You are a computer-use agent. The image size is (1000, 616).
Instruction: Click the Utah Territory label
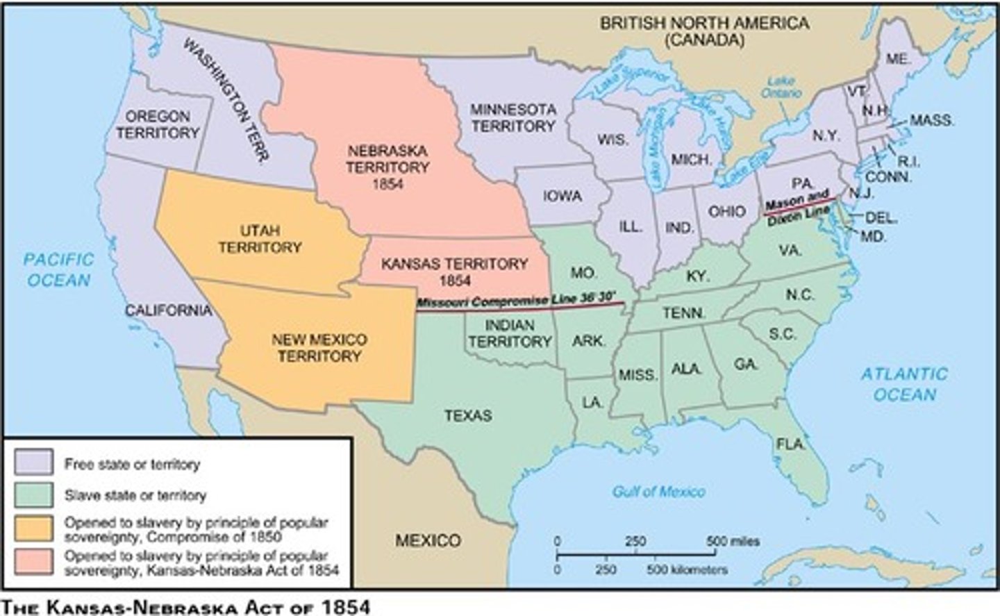[x=260, y=238]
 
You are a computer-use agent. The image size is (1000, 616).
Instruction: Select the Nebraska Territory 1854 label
[x=387, y=167]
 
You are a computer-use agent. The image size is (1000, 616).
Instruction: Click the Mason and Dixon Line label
[x=799, y=206]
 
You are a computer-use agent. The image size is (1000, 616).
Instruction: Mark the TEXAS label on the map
[x=468, y=415]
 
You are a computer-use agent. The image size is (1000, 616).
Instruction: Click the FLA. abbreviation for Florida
[x=791, y=444]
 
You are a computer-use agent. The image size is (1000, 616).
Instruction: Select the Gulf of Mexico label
[x=658, y=492]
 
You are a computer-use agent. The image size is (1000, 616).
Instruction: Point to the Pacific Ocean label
[x=58, y=270]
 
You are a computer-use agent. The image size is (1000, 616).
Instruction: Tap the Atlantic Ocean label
[x=904, y=384]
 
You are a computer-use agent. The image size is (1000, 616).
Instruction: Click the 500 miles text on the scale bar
[x=733, y=541]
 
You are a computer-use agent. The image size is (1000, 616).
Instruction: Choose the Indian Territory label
[x=510, y=333]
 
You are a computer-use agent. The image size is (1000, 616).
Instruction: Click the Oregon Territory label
[x=158, y=124]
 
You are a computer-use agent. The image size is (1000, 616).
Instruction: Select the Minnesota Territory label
[x=513, y=118]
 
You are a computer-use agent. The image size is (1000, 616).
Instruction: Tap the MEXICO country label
[x=428, y=540]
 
